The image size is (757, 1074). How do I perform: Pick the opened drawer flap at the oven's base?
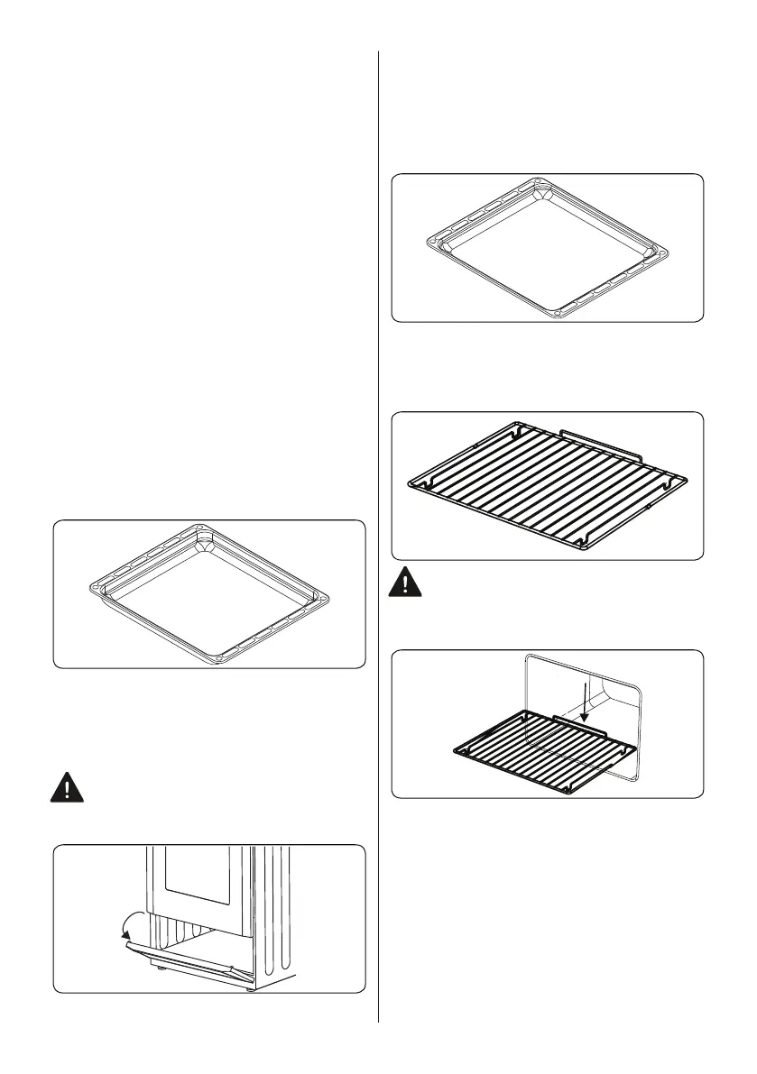(180, 956)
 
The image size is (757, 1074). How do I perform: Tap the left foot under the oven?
(161, 972)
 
